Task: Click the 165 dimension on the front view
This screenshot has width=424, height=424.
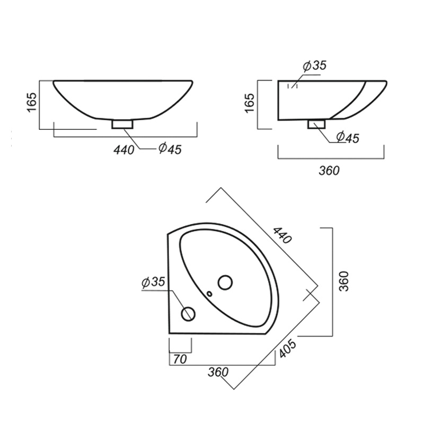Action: pyautogui.click(x=32, y=102)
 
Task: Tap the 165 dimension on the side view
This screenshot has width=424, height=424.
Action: pyautogui.click(x=249, y=103)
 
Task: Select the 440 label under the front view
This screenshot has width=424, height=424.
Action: pyautogui.click(x=124, y=150)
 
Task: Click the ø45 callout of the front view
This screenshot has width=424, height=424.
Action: pyautogui.click(x=170, y=149)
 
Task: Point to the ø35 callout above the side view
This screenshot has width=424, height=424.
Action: pyautogui.click(x=315, y=66)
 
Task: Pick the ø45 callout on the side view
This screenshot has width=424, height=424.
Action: pyautogui.click(x=348, y=137)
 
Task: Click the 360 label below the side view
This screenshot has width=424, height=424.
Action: pyautogui.click(x=329, y=171)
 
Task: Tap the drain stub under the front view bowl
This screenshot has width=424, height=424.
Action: pyautogui.click(x=122, y=125)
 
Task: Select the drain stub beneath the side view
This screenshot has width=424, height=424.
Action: pyautogui.click(x=316, y=124)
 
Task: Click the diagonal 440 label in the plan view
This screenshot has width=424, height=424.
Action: pyautogui.click(x=282, y=235)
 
